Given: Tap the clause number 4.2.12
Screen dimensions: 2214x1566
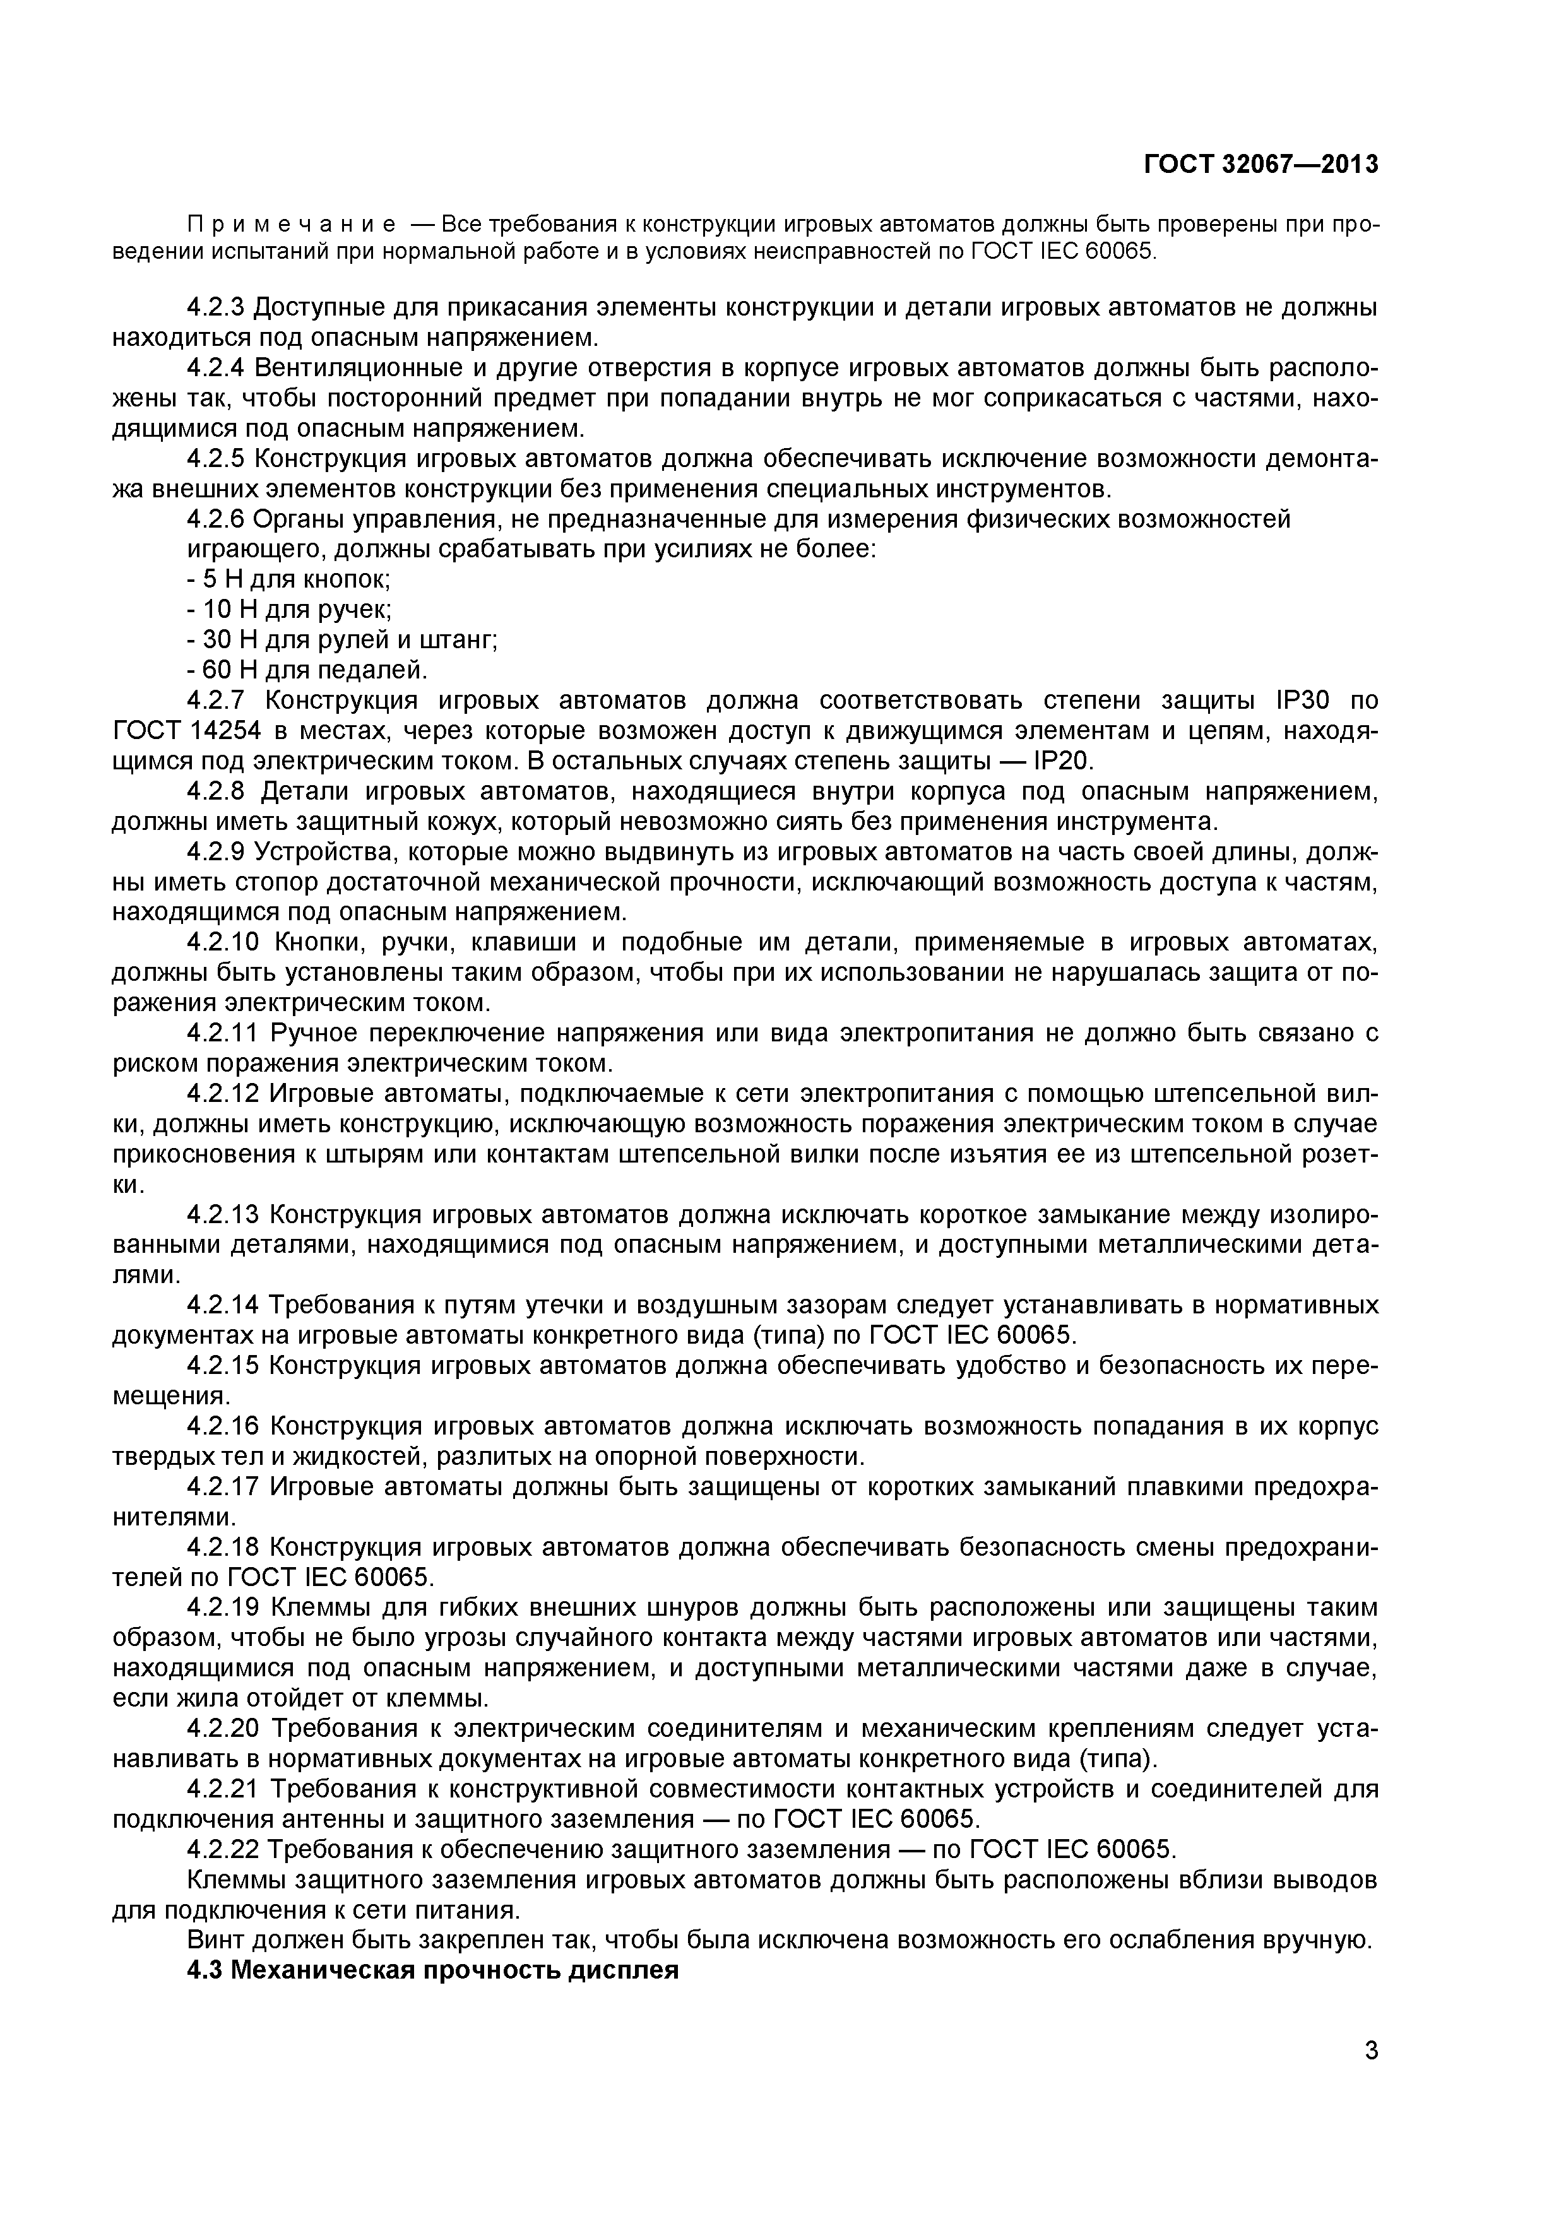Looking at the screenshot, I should [x=223, y=1094].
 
